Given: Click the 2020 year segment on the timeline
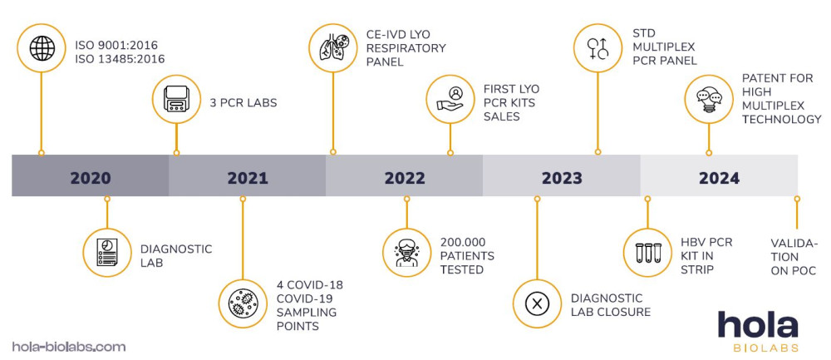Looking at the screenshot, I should coord(90,177).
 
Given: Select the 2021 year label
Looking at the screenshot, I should coord(247,177).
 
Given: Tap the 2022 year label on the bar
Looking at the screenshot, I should coord(404,177).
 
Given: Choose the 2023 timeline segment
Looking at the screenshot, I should coord(562,177).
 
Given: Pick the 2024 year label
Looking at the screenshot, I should coord(719,177).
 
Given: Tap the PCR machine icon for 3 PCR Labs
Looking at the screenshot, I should coord(176,100).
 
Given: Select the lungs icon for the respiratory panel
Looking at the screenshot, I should coord(332,47).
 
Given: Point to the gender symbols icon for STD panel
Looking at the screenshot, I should coord(598,47).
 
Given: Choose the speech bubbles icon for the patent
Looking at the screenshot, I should coord(709,100).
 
